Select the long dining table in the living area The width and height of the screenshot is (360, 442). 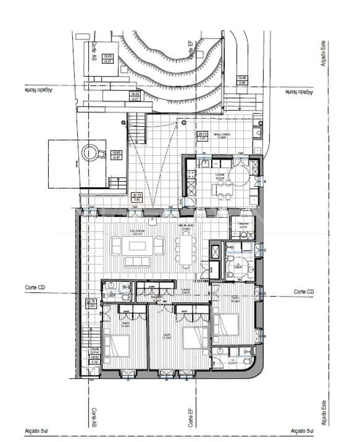(x=185, y=250)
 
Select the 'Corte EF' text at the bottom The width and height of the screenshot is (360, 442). (x=191, y=417)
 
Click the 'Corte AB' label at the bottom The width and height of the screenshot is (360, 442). (x=94, y=417)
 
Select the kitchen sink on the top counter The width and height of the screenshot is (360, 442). (x=204, y=163)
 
